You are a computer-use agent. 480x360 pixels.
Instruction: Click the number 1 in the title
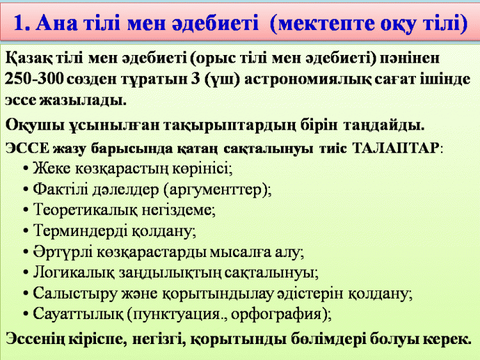(x=19, y=23)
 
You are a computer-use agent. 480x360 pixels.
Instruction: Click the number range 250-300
(x=35, y=79)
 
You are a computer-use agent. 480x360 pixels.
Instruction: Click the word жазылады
(x=83, y=100)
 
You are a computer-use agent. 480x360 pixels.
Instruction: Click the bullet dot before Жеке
(x=26, y=169)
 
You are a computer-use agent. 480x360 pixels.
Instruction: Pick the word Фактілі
(x=58, y=190)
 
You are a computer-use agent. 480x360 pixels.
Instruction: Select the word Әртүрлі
(x=63, y=252)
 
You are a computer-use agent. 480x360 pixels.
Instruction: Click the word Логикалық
(x=74, y=272)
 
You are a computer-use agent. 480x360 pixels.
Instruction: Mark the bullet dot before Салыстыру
(x=26, y=294)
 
